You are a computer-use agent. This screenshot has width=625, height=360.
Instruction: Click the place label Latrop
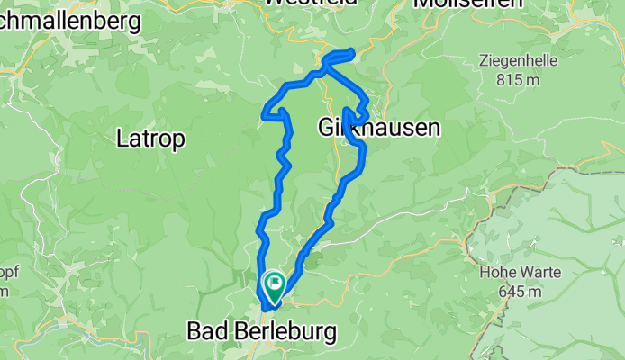pyautogui.click(x=151, y=139)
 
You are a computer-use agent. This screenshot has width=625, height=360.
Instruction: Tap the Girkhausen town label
pyautogui.click(x=379, y=129)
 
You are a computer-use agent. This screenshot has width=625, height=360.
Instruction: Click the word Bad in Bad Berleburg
pyautogui.click(x=205, y=331)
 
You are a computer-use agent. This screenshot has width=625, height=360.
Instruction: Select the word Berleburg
pyautogui.click(x=281, y=331)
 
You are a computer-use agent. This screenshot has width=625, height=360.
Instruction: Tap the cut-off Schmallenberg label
pyautogui.click(x=70, y=20)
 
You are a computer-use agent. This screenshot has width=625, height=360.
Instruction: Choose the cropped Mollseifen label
pyautogui.click(x=468, y=3)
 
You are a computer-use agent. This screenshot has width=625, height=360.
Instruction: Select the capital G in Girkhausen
pyautogui.click(x=327, y=129)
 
